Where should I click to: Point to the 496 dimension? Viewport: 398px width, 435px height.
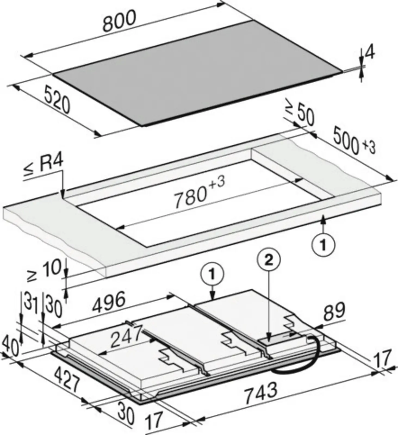click(109, 302)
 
